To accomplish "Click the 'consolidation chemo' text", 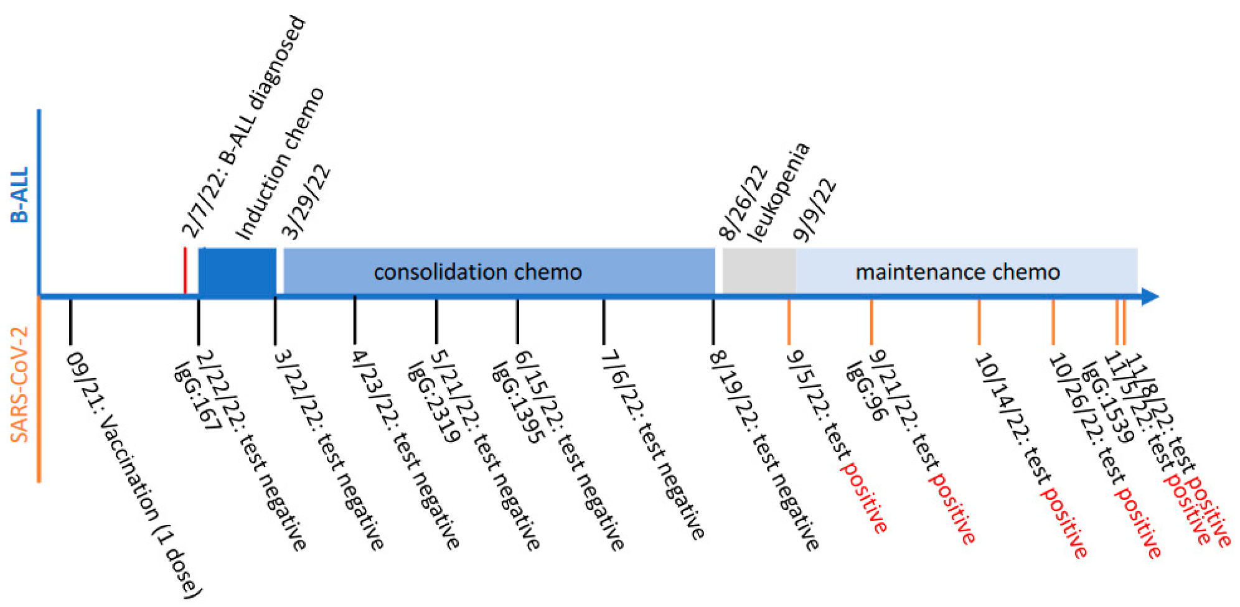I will (x=477, y=272).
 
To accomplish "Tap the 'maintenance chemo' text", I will (x=957, y=272).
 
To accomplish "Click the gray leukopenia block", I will (x=758, y=271).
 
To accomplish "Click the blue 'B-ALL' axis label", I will (x=20, y=195).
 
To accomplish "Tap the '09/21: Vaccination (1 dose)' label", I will (x=134, y=475).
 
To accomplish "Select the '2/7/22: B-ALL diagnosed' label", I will (x=244, y=127).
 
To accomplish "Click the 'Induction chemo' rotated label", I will (x=280, y=164).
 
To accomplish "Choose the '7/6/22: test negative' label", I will (x=653, y=445).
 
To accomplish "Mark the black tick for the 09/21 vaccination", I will (x=70, y=321).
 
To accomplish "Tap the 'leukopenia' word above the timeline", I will (x=779, y=193).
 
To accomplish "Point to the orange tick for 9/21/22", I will (x=871, y=321).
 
